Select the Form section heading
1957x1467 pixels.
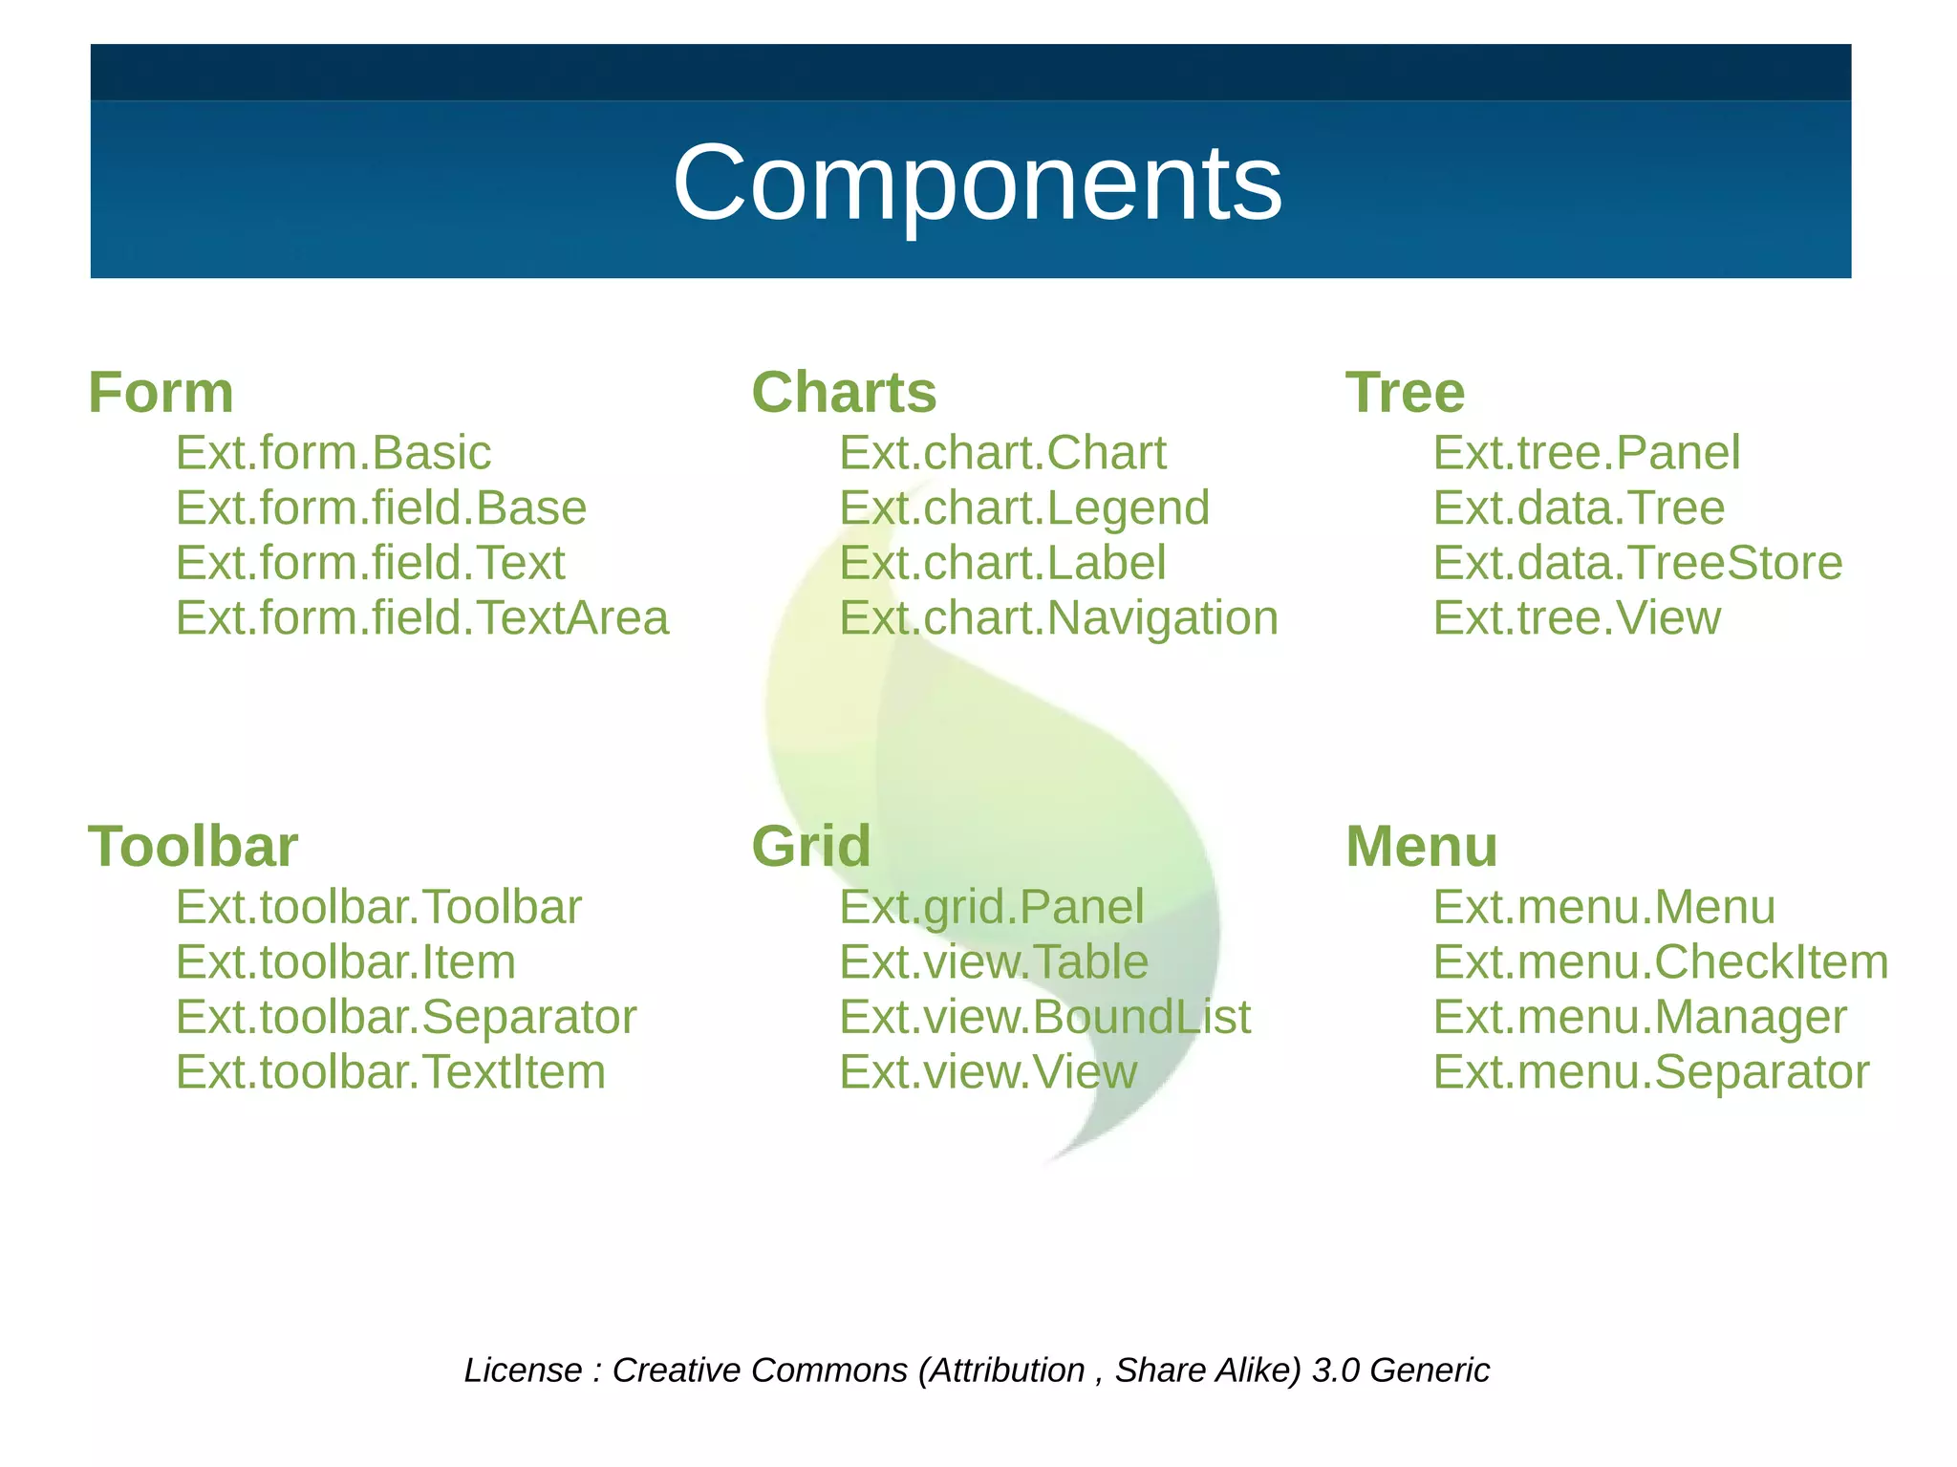161,392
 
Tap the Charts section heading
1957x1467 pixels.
844,392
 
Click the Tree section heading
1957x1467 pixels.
1405,392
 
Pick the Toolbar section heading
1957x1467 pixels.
193,846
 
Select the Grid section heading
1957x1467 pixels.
811,846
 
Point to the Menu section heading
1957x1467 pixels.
1421,846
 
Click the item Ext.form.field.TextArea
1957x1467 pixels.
421,617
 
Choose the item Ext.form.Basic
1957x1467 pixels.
333,452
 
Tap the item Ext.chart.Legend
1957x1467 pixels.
1023,507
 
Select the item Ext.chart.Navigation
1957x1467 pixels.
1058,617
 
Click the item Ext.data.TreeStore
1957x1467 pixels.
1637,562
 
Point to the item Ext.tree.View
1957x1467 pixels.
1577,617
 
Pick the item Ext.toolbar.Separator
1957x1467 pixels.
405,1016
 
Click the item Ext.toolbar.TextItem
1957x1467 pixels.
390,1071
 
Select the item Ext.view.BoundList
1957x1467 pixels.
1044,1016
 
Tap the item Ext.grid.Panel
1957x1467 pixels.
991,906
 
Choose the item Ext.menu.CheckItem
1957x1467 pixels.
1660,961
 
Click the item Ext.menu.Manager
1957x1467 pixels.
1639,1016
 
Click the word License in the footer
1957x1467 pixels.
523,1370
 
